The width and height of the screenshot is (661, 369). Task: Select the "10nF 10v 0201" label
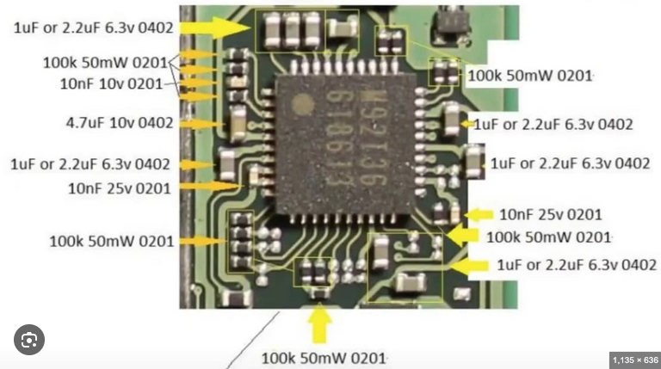(x=111, y=83)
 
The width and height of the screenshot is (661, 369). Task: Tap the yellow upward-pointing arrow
(x=319, y=323)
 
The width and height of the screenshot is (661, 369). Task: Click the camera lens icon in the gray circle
(x=29, y=340)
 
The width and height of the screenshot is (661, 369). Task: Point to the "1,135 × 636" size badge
(x=635, y=360)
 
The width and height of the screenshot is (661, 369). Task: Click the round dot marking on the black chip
(x=303, y=104)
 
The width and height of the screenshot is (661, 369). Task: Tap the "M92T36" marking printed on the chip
(x=374, y=137)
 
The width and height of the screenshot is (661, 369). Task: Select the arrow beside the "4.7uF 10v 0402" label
(x=201, y=124)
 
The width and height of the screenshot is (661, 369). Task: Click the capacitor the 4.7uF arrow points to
(x=238, y=122)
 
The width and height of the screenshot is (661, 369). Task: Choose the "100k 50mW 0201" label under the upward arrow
(x=324, y=359)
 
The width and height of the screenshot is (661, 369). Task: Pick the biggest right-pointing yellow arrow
(x=215, y=28)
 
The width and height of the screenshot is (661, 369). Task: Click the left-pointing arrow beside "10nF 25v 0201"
(x=479, y=215)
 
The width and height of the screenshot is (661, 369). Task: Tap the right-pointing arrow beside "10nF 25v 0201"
(x=209, y=186)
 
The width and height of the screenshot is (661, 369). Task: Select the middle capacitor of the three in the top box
(x=292, y=29)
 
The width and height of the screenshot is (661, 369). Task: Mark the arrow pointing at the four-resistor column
(x=203, y=242)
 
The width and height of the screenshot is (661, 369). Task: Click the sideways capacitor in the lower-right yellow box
(x=410, y=282)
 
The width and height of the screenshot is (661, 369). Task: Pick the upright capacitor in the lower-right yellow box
(x=380, y=252)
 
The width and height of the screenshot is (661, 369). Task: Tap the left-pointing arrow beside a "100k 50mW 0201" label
(x=463, y=235)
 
